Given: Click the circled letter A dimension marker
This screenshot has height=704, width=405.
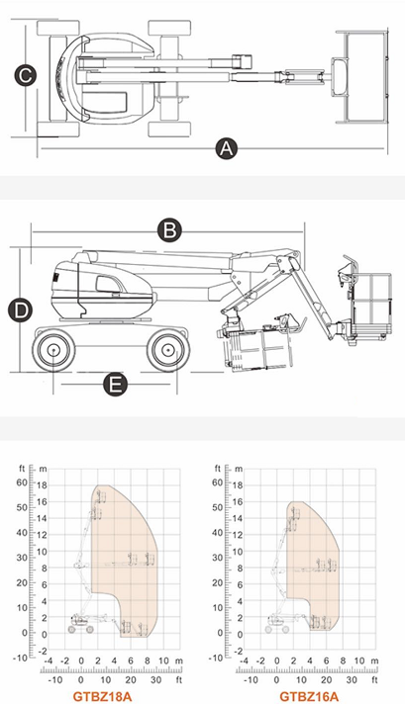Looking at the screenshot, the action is point(226,148).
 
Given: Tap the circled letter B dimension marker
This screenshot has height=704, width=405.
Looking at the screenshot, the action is point(169,229).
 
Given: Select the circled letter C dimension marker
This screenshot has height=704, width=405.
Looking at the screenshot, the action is point(25,75).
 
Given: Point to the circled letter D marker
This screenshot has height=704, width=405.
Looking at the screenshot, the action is point(21,310).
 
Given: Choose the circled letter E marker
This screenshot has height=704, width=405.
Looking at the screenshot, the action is point(116,385).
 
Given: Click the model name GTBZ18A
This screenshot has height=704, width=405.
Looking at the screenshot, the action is point(102,696).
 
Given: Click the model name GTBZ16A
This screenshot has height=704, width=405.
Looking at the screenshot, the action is point(309,696).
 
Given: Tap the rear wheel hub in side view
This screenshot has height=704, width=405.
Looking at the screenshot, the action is point(53,349).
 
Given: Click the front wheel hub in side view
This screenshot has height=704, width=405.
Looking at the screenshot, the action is point(167,349).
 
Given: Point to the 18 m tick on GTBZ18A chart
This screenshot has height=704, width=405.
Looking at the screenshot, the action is point(42,485).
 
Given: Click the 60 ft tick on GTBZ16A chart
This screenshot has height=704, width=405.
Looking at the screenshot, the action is point(218,483).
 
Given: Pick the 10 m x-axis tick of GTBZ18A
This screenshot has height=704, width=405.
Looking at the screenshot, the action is point(164,660).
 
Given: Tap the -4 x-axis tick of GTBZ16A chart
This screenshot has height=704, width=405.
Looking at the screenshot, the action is point(244,660).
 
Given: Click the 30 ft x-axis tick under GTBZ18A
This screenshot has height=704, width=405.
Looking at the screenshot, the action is point(155,679).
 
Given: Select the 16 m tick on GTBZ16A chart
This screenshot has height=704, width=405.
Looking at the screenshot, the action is point(238,501).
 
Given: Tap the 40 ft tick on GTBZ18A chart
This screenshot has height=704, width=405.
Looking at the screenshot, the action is point(23,533).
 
